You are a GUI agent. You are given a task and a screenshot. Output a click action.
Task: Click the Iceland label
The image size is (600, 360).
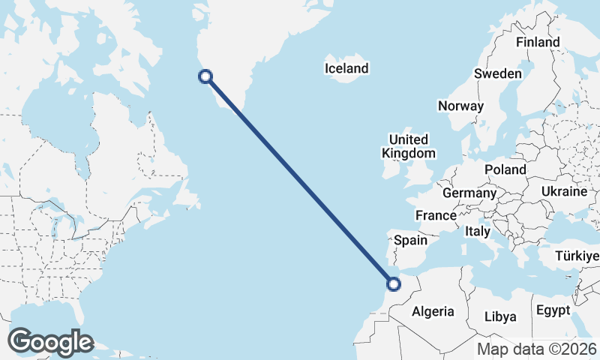[346, 69]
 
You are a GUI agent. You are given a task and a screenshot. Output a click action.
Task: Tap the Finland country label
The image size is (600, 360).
[538, 42]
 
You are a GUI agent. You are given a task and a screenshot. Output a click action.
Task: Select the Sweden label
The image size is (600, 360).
[498, 73]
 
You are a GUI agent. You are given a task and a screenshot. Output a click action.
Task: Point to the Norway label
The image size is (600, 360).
[460, 106]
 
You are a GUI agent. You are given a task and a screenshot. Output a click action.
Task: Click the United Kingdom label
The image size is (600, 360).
[408, 146]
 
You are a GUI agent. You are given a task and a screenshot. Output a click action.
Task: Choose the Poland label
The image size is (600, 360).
[505, 169]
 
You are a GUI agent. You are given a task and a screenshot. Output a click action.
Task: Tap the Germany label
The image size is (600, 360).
[469, 193]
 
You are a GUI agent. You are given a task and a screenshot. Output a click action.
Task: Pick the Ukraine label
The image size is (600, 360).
[563, 191]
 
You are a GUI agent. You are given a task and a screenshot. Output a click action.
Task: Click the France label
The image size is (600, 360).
[436, 215]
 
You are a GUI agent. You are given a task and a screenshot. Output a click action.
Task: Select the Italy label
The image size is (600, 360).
[477, 231]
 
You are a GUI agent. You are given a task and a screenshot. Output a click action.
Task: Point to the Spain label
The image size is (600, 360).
[410, 241]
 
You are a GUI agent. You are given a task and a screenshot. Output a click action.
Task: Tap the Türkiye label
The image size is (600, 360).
[576, 257]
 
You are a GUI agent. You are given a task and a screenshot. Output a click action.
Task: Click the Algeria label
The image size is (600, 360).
[433, 311]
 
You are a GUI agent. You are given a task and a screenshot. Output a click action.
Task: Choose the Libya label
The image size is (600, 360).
[500, 316]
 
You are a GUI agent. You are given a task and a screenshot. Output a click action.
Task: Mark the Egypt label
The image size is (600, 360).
[553, 310]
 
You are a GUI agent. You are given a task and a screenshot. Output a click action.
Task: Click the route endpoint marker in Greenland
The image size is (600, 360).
[205, 76]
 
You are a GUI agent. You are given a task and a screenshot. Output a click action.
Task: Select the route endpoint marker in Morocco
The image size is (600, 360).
[393, 283]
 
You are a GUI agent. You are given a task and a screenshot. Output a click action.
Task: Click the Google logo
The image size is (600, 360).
[50, 342]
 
